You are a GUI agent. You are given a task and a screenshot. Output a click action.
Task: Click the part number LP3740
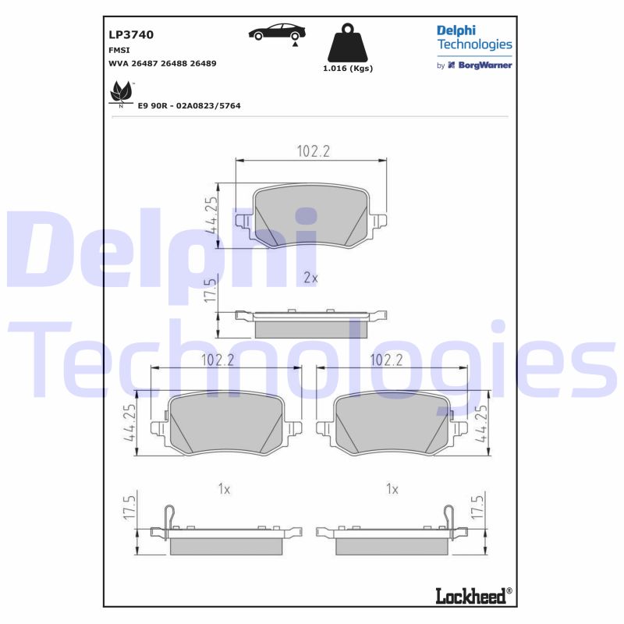(x=130, y=34)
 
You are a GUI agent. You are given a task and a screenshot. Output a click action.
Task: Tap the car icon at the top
(x=277, y=33)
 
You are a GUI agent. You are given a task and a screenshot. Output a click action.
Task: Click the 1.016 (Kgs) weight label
(x=348, y=69)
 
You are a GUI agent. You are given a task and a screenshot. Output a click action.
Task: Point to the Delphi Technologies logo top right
(x=473, y=37)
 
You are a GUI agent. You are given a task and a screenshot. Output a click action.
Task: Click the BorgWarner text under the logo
(x=484, y=66)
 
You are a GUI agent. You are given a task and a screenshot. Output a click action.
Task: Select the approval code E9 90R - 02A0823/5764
(x=189, y=105)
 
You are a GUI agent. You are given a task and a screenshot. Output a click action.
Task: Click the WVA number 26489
(x=202, y=63)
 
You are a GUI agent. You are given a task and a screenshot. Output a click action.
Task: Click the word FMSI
(x=119, y=49)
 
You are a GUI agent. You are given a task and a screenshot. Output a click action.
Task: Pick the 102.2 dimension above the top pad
(x=313, y=151)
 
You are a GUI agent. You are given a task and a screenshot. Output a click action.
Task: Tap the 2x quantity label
(x=310, y=278)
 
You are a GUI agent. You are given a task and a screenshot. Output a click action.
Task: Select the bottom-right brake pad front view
(x=392, y=422)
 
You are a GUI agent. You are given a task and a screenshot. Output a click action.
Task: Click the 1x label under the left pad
(x=224, y=489)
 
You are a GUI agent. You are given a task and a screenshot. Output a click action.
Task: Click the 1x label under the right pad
(x=392, y=489)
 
